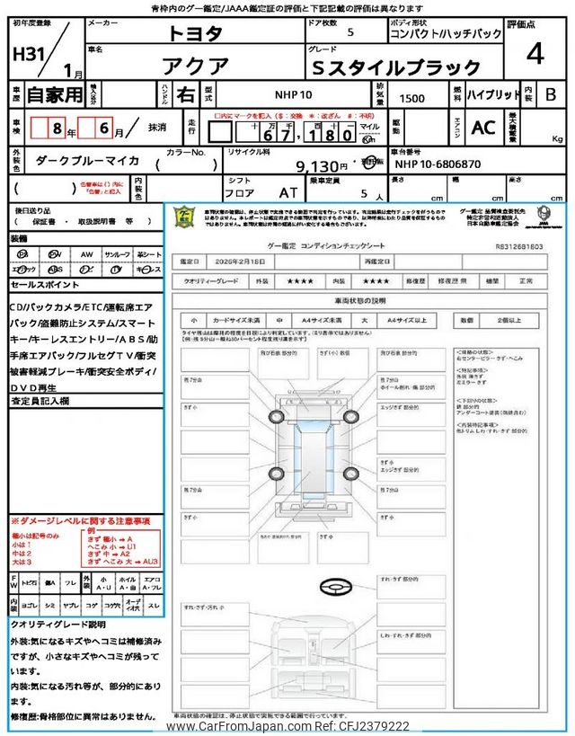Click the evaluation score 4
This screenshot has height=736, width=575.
(x=535, y=55)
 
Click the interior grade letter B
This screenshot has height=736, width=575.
(x=551, y=94)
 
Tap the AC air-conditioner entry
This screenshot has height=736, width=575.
(x=483, y=129)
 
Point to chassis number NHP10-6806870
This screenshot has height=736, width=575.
(x=439, y=165)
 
